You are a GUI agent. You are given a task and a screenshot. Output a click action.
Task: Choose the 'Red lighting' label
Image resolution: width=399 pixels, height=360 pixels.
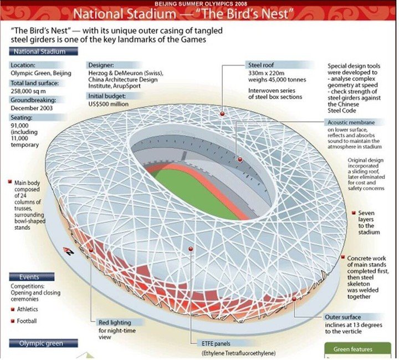[x=115, y=322]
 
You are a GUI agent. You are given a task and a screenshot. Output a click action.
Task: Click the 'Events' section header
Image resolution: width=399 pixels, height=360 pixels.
[x=29, y=277]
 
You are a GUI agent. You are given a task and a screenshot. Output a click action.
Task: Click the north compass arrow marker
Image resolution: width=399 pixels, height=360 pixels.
[x=69, y=251]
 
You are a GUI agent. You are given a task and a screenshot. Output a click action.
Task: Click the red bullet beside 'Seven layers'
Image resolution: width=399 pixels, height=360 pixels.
[x=354, y=212]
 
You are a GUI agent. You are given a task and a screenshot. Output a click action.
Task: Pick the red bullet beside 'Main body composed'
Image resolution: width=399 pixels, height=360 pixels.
[x=11, y=181]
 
